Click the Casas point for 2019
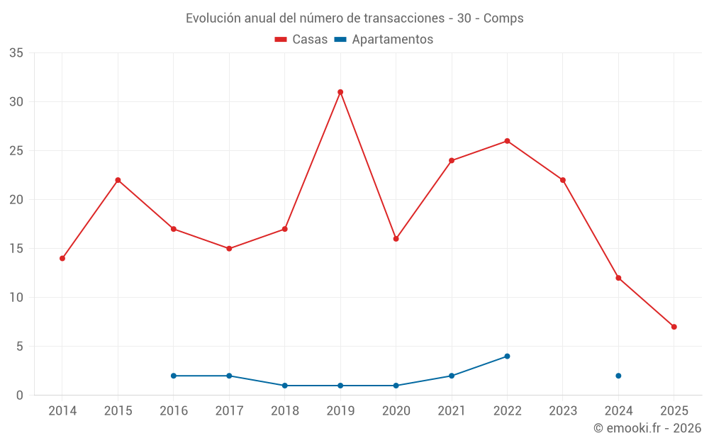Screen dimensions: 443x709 (x=340, y=92)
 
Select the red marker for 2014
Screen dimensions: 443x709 (x=62, y=259)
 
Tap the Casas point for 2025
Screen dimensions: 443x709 (x=674, y=327)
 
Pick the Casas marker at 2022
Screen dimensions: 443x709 (x=507, y=141)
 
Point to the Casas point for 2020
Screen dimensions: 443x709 (x=396, y=239)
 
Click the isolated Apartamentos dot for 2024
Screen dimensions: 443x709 (x=618, y=376)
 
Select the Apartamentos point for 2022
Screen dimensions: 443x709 (x=507, y=357)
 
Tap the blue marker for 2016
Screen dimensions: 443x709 (x=174, y=376)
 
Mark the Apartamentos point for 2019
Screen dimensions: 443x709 (x=340, y=386)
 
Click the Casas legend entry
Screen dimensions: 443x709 (x=301, y=40)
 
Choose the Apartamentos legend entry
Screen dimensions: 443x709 (x=384, y=40)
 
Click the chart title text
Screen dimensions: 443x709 (x=354, y=18)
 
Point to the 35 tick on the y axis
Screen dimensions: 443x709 (x=16, y=53)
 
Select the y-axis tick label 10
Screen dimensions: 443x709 (x=16, y=298)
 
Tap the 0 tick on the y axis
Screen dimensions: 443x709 (x=20, y=396)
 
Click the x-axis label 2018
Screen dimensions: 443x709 (x=285, y=410)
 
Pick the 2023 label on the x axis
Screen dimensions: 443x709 (x=563, y=410)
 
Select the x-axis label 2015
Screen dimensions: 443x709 (x=118, y=410)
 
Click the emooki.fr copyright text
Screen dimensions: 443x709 (x=647, y=428)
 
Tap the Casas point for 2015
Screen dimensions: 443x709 (x=118, y=180)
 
